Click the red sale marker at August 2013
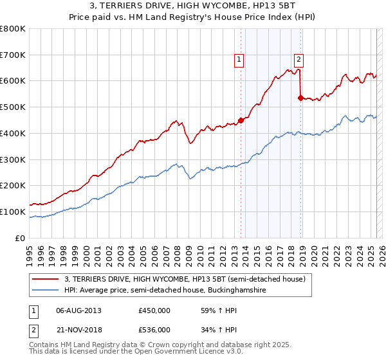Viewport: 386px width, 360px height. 241,120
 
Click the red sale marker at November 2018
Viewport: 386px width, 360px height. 300,98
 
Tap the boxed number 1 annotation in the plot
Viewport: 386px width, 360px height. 239,60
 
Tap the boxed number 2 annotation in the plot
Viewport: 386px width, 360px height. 299,60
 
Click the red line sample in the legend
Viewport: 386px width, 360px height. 46,278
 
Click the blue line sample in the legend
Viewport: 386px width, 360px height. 46,291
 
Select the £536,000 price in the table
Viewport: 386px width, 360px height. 154,330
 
